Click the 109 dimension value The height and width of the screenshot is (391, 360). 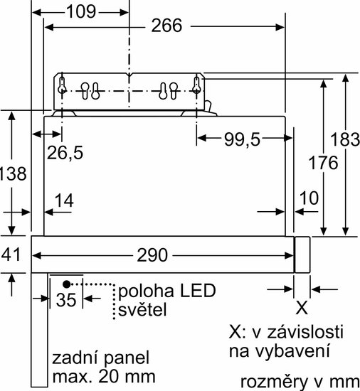(x=81, y=11)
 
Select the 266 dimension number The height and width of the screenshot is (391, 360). (x=166, y=26)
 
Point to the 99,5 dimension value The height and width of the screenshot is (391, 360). (x=242, y=139)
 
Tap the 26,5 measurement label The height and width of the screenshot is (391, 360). (x=65, y=153)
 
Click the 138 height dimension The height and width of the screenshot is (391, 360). (x=13, y=173)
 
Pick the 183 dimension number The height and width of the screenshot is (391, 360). (x=345, y=139)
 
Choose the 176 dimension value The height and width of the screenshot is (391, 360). (x=323, y=163)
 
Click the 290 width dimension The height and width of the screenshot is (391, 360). (x=152, y=255)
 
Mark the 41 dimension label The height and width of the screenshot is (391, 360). (x=11, y=255)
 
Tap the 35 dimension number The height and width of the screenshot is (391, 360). (x=66, y=299)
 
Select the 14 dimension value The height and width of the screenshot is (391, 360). (x=64, y=200)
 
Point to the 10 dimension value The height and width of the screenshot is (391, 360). (x=309, y=198)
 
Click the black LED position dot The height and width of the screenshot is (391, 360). (x=66, y=284)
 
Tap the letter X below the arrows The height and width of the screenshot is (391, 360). (x=302, y=309)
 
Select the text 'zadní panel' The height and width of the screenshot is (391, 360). (x=101, y=358)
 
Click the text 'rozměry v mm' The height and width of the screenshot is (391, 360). (x=300, y=382)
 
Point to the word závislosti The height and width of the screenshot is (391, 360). (x=305, y=332)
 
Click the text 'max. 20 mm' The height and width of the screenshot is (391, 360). (x=104, y=376)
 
